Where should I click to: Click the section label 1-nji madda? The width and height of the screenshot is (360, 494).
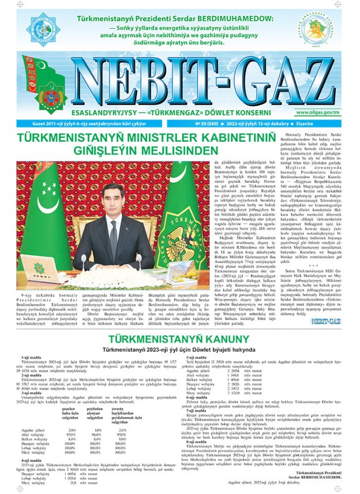click(x=28, y=357)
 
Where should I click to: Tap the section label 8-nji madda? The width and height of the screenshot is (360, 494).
click(x=196, y=442)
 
